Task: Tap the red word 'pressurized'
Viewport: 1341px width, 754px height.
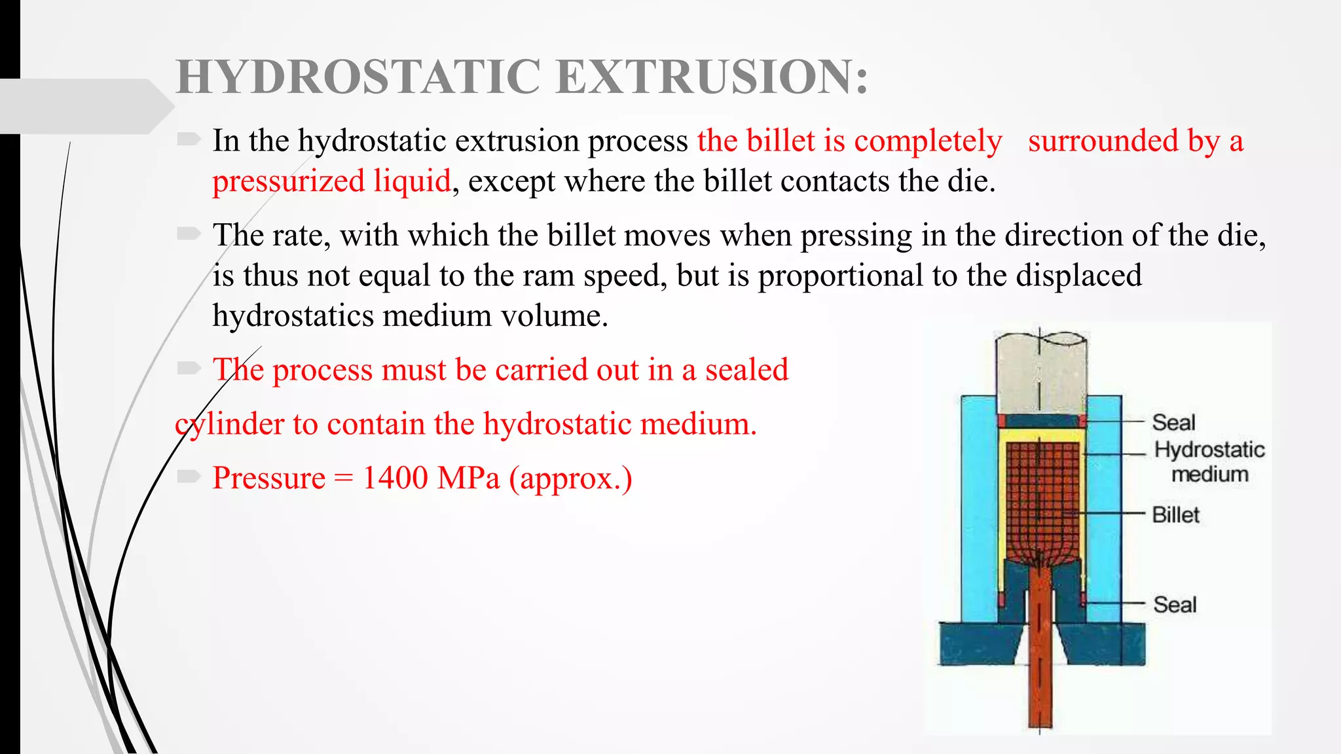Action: (x=288, y=181)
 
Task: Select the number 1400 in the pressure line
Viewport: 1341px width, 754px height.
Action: (x=395, y=478)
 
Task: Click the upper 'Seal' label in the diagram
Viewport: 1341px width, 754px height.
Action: (x=1173, y=423)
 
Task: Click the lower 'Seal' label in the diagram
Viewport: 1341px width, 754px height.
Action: (x=1175, y=605)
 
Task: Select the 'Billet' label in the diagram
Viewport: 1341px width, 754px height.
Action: (x=1175, y=515)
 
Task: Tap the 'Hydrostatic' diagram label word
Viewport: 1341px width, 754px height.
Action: (x=1209, y=450)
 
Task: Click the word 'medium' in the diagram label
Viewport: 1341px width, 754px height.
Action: (x=1209, y=474)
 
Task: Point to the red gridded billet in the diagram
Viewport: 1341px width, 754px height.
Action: (x=1041, y=497)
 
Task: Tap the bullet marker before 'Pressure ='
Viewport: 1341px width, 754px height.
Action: (x=189, y=476)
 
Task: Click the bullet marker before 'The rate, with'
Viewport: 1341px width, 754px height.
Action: (x=189, y=234)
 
